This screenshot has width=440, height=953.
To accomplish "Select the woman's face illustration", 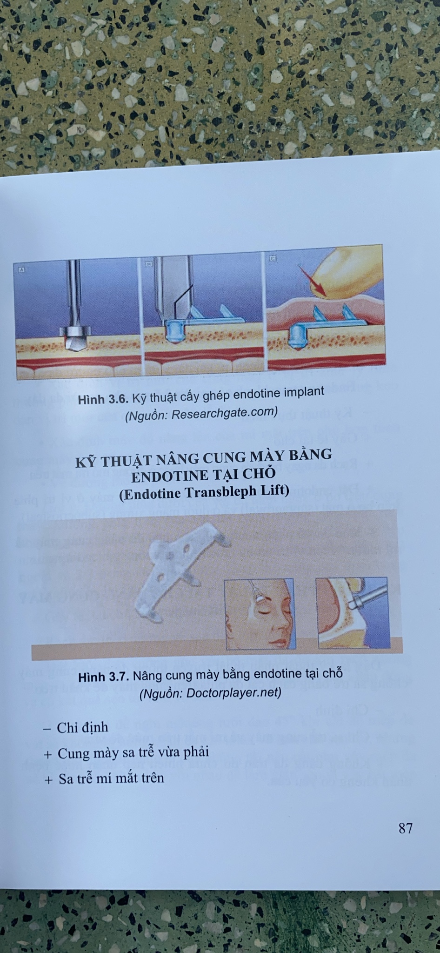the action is (260, 613).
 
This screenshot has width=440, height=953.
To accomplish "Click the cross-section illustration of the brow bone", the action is (353, 612).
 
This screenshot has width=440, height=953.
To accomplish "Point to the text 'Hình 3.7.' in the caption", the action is (104, 677).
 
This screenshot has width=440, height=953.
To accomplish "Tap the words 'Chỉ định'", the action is (82, 727).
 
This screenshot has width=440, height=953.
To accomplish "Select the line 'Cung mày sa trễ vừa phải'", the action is (133, 752).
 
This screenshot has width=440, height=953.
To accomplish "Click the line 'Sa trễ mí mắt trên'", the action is (111, 779).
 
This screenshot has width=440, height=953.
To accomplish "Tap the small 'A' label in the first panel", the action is (21, 269).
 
